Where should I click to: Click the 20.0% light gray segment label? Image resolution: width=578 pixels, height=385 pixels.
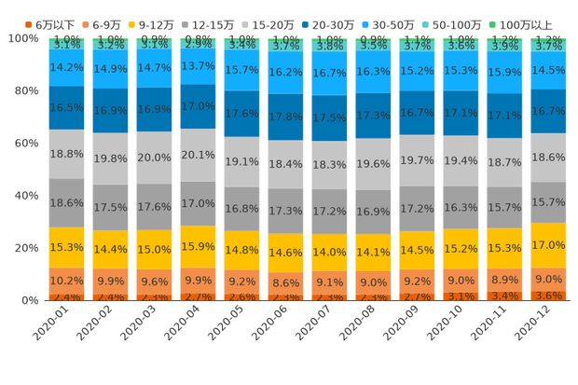click(x=154, y=158)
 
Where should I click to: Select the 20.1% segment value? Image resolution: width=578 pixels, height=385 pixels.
click(x=198, y=154)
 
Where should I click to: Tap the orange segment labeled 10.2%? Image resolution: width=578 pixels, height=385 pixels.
click(x=66, y=281)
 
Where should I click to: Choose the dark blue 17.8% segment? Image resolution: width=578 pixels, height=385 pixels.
click(x=284, y=117)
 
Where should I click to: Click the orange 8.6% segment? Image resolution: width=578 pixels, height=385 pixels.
click(x=284, y=282)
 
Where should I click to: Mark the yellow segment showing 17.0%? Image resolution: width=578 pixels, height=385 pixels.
click(x=546, y=245)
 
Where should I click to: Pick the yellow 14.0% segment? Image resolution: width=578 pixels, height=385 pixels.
click(x=328, y=253)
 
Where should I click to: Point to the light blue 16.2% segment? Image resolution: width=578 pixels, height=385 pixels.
click(x=284, y=72)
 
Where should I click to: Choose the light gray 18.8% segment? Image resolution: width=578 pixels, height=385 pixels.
click(x=66, y=154)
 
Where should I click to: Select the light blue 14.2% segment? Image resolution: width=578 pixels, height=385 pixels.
click(x=66, y=67)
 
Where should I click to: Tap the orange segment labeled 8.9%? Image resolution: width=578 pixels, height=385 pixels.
click(x=503, y=280)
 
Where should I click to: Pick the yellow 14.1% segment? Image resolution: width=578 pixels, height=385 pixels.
click(x=372, y=251)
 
